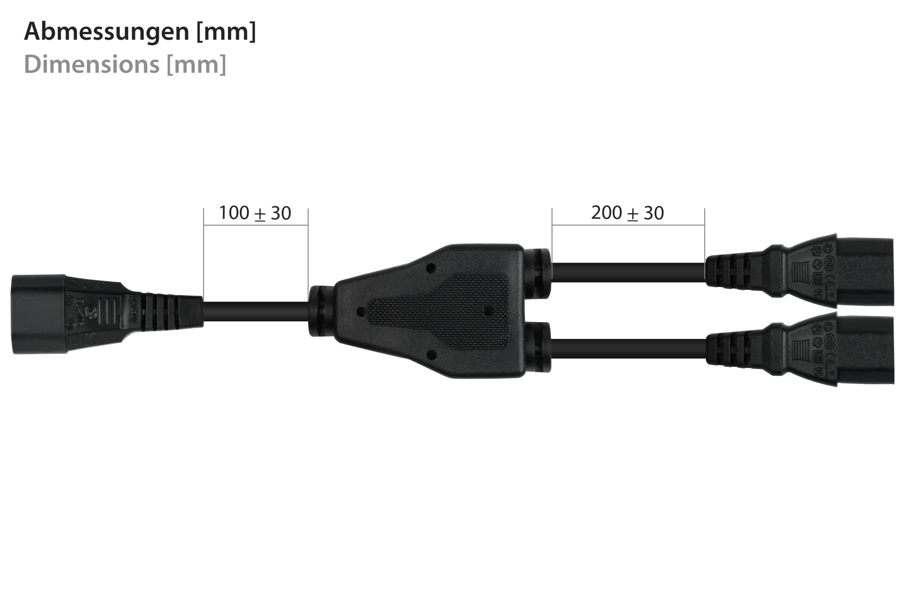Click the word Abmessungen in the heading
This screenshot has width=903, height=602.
(106, 32)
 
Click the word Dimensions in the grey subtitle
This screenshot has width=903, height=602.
(92, 64)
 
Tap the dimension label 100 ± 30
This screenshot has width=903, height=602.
(255, 213)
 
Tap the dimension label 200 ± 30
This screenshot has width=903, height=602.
(627, 213)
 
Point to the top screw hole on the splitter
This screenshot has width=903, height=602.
(430, 268)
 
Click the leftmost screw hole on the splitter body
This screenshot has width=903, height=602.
(360, 311)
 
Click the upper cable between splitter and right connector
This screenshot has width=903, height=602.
(628, 271)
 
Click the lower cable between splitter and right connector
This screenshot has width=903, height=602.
(628, 350)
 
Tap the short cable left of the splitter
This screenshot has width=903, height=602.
(255, 311)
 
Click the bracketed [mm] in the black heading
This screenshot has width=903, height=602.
(226, 32)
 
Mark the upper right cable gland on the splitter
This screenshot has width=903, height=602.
(538, 273)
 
